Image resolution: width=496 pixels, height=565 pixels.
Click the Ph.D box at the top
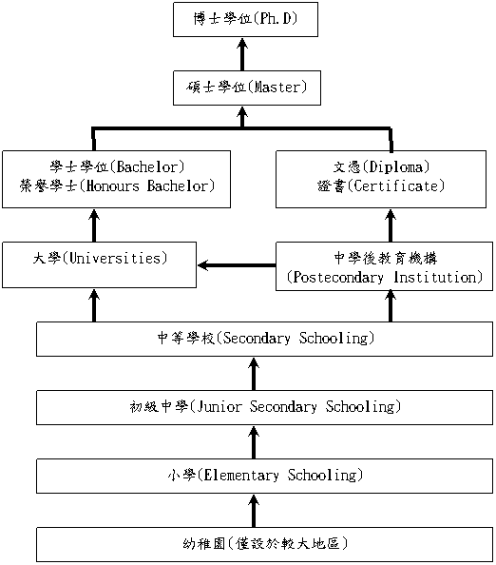(x=245, y=19)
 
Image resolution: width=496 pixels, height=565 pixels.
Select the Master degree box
(x=247, y=88)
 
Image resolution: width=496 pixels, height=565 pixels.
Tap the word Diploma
(x=396, y=166)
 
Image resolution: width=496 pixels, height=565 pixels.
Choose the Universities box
(x=100, y=264)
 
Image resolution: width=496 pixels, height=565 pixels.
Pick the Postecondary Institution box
(x=384, y=266)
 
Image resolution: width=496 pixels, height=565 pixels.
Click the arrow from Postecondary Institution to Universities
(x=237, y=265)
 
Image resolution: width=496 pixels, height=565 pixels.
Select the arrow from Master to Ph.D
(x=242, y=54)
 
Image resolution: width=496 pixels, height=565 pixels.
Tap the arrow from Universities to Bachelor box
(x=94, y=225)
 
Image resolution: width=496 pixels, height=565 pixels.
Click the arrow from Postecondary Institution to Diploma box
(x=391, y=225)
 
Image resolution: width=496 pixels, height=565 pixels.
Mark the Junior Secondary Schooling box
(x=264, y=407)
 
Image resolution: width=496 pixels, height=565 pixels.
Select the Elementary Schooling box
(x=264, y=476)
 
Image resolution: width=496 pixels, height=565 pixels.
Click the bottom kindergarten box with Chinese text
(x=264, y=544)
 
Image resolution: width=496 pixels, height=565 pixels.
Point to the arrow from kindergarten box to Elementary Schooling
(x=254, y=511)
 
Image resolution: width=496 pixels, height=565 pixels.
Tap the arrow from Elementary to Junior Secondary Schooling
(x=254, y=442)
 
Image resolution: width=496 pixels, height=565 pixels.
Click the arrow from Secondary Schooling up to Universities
(x=94, y=305)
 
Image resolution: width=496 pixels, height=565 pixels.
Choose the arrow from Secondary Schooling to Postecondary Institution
(x=391, y=306)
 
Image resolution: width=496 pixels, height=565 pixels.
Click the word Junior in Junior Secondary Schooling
(x=219, y=407)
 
